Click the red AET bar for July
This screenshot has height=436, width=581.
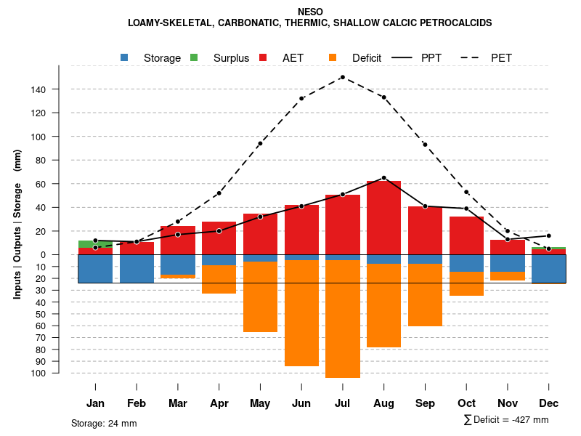pos(343,225)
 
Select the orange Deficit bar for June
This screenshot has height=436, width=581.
pos(301,312)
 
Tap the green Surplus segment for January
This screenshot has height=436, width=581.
pos(95,244)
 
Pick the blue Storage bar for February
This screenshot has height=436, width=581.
pos(137,268)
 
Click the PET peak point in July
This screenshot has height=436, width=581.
pos(342,77)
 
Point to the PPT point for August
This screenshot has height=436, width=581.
pos(383,178)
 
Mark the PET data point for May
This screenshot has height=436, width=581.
pos(260,143)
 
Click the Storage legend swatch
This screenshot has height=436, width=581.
pos(124,57)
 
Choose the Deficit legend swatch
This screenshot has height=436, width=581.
pos(333,57)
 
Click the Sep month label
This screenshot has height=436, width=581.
pos(425,403)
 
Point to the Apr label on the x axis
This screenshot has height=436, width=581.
pos(219,403)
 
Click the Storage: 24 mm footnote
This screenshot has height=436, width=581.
pos(104,423)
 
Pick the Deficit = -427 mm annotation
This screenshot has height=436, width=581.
pos(506,420)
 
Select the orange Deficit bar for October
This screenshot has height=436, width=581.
pos(466,283)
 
